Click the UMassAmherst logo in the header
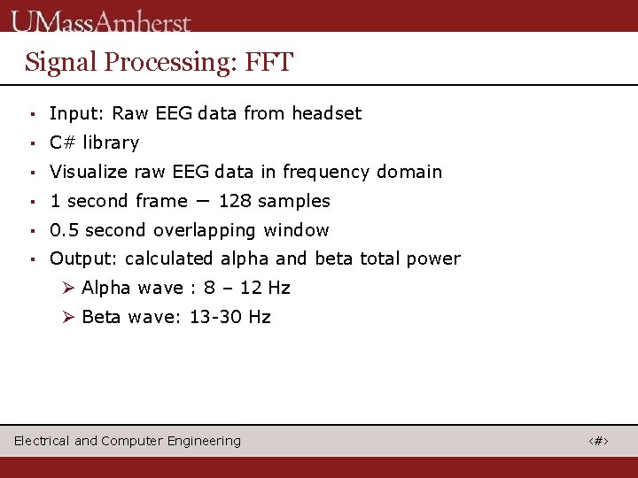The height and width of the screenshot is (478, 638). pyautogui.click(x=101, y=19)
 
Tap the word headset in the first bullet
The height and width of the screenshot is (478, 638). pyautogui.click(x=327, y=113)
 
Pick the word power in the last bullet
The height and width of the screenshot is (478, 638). pyautogui.click(x=433, y=258)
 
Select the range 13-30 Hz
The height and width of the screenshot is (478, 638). pyautogui.click(x=230, y=317)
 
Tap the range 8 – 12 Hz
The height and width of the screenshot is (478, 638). pyautogui.click(x=246, y=288)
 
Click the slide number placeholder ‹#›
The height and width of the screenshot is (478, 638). pyautogui.click(x=599, y=441)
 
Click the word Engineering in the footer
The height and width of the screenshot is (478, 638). pyautogui.click(x=206, y=441)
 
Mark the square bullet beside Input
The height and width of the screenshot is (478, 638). pyautogui.click(x=31, y=114)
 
